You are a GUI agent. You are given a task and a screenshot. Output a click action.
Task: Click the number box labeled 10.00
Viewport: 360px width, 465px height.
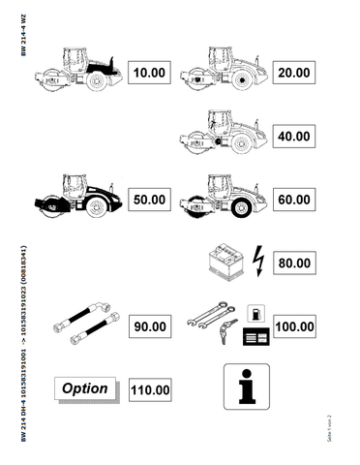tap(149, 73)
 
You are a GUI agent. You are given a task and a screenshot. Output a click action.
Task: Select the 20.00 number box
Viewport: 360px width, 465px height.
tap(293, 73)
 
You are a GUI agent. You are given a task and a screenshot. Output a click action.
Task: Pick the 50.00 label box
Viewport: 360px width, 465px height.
tap(149, 199)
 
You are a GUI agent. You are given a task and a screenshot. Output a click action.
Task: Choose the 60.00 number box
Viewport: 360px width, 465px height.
tap(293, 199)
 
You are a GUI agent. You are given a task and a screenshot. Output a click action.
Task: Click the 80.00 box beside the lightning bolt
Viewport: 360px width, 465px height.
tap(293, 262)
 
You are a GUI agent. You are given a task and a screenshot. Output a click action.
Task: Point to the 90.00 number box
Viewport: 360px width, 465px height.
tap(149, 326)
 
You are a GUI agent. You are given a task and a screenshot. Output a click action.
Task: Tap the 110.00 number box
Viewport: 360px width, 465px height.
tap(150, 390)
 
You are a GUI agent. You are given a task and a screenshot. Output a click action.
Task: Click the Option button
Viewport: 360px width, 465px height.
tap(84, 389)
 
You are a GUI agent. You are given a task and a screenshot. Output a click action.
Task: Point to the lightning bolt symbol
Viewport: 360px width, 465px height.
tap(256, 259)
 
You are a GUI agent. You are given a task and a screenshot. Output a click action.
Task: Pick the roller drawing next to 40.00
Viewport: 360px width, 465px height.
tap(218, 133)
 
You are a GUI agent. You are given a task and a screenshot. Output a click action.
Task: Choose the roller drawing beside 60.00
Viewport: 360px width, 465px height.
tap(220, 197)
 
